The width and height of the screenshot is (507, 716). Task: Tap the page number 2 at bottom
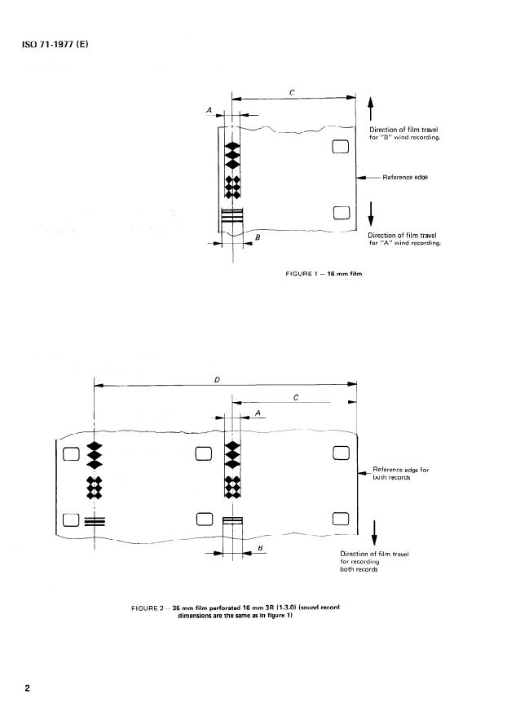coord(28,687)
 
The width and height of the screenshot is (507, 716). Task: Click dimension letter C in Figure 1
coord(292,93)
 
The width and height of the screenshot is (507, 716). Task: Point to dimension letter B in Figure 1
coord(258,236)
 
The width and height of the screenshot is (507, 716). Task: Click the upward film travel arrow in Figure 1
coord(371,110)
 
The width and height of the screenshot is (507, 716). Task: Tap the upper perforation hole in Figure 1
coord(341,147)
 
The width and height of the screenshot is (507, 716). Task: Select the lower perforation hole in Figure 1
coord(341,213)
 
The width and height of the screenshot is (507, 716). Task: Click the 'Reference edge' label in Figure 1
coord(405,177)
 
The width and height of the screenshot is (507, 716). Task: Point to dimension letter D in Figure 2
coord(216,379)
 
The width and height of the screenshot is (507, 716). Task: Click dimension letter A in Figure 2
coord(258,413)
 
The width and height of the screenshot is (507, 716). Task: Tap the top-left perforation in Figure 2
coord(70,453)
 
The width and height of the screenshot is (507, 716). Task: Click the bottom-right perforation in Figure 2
coord(340,519)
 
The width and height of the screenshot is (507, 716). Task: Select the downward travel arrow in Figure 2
coord(374,530)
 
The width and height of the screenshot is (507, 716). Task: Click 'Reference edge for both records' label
coord(400,473)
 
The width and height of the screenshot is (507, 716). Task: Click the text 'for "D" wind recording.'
coord(405,137)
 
